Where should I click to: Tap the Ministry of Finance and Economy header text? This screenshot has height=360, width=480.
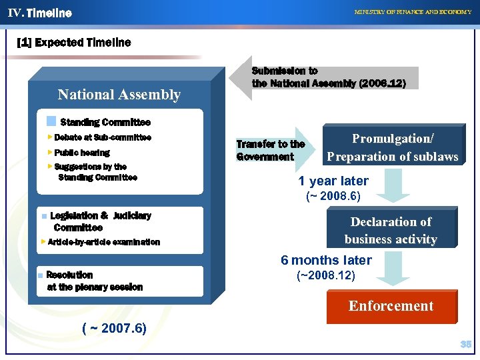[413, 12]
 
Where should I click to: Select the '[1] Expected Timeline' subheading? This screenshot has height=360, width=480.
[73, 43]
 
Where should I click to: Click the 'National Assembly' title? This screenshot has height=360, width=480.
[119, 95]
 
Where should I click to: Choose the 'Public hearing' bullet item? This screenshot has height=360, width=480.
[82, 153]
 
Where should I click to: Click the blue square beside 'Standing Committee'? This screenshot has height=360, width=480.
[51, 121]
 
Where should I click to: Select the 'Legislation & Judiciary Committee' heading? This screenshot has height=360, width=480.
[100, 221]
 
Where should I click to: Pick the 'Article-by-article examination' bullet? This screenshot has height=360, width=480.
[103, 242]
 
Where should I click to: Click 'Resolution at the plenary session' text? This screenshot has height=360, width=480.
[94, 281]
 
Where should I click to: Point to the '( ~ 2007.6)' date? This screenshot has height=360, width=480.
[114, 328]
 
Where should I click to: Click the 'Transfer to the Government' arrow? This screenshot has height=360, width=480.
[271, 151]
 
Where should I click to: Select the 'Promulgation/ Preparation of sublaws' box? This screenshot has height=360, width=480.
[392, 147]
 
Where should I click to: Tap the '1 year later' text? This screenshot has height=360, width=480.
[333, 181]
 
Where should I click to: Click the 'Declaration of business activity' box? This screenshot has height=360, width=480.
[391, 230]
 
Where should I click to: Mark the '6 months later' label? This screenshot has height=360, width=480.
[326, 260]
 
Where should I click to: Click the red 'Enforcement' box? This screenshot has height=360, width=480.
[391, 306]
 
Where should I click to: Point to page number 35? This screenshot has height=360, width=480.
[465, 345]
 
